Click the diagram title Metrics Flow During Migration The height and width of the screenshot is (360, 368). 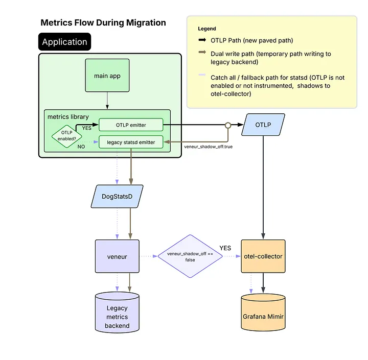(x=103, y=22)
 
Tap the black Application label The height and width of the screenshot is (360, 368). (x=64, y=42)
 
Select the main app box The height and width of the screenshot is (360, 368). (x=108, y=76)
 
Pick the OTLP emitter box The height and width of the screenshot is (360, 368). (x=130, y=124)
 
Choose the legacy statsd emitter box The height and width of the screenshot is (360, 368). (x=130, y=141)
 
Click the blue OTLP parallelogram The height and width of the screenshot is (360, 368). (x=263, y=125)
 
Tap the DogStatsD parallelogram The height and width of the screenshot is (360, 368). (x=118, y=196)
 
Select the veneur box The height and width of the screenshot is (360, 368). (x=118, y=256)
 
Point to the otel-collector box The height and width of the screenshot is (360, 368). (x=263, y=256)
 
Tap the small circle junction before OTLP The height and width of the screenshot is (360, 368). (x=227, y=124)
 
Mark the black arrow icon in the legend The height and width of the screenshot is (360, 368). (x=202, y=40)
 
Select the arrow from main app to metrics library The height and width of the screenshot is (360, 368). (x=108, y=100)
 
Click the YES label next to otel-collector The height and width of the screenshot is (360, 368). (x=225, y=248)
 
